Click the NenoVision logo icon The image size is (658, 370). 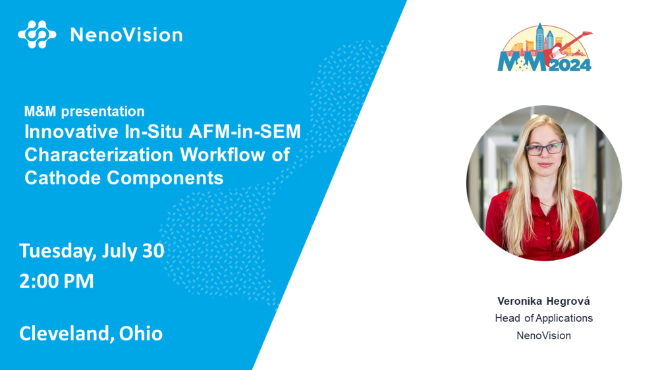(37, 34)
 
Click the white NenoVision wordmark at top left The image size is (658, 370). (126, 35)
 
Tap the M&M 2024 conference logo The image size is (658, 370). (545, 47)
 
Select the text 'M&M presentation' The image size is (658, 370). (84, 111)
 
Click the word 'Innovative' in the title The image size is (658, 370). (71, 132)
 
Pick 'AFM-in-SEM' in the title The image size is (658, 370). (244, 132)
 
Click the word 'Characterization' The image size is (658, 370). (99, 155)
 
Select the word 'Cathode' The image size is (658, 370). (62, 178)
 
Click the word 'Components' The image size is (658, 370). (165, 178)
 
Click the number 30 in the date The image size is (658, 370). (153, 250)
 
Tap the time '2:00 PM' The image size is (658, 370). (57, 281)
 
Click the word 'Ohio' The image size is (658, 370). (141, 334)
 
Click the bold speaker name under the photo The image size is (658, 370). (543, 301)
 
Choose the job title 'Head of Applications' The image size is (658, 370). (544, 319)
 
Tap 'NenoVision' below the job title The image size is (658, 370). (543, 336)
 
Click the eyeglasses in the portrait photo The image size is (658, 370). (544, 149)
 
